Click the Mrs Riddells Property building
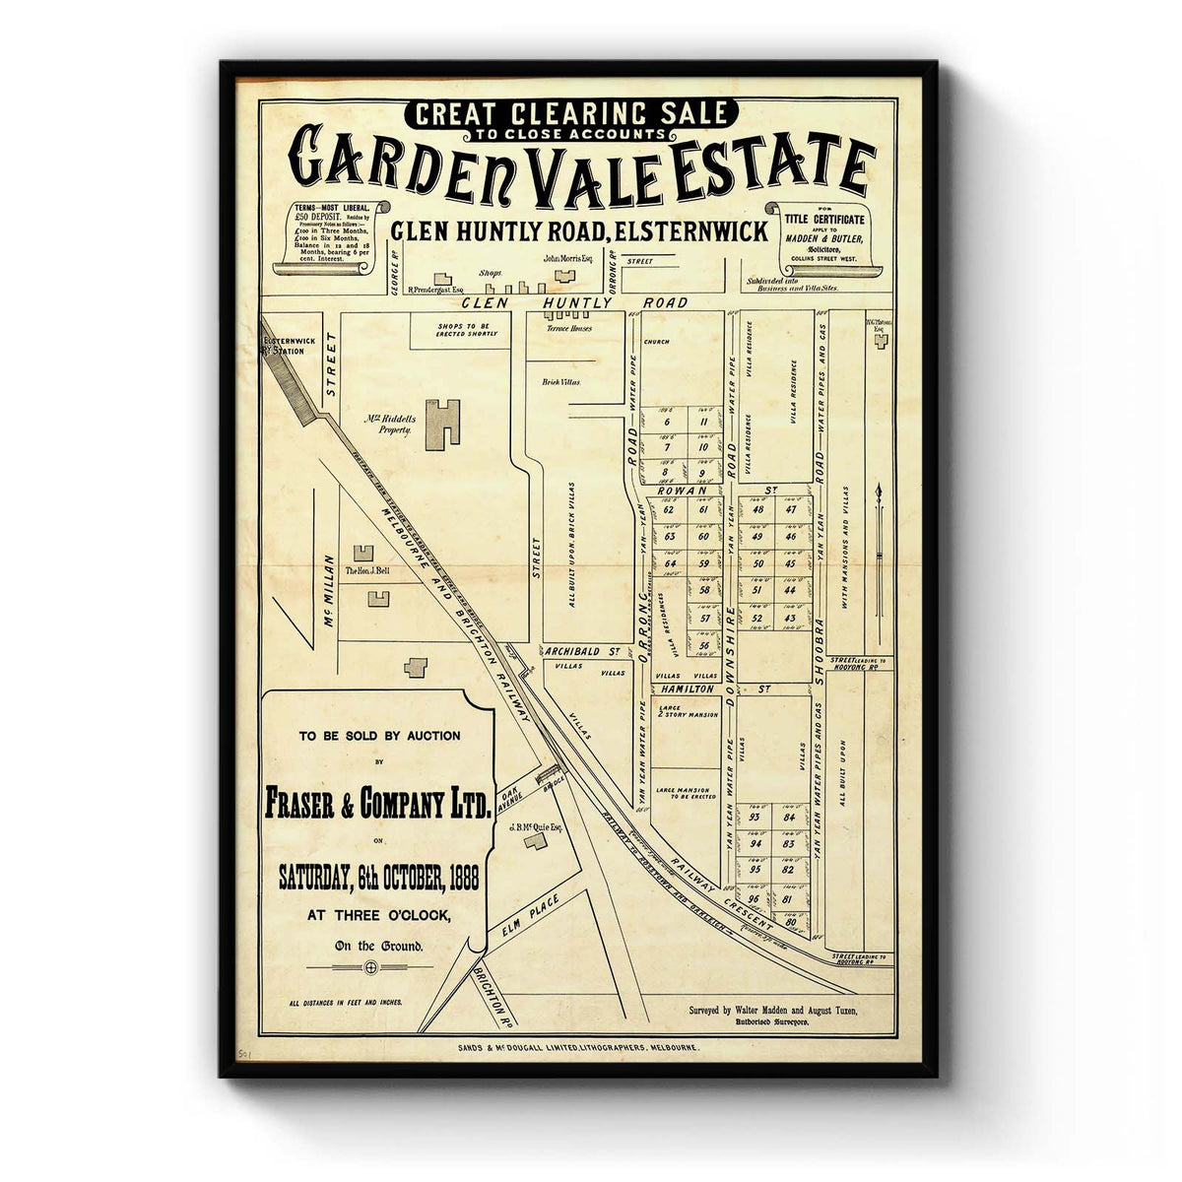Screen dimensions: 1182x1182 (443, 425)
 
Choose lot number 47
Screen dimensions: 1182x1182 (791, 509)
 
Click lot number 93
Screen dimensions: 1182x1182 (755, 818)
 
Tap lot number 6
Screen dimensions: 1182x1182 (667, 424)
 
